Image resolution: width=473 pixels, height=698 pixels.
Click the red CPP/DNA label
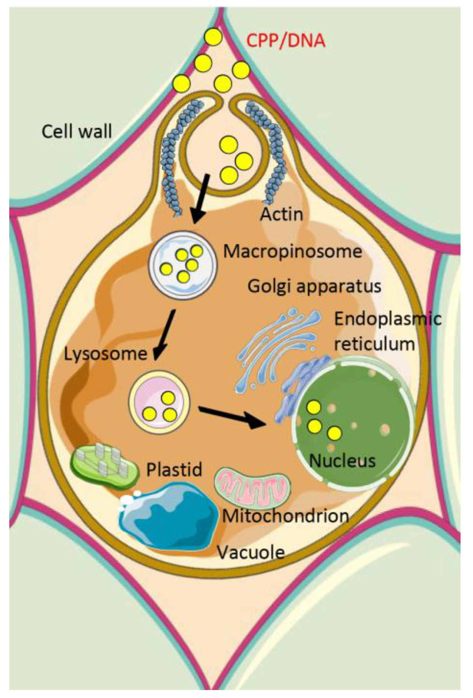click(286, 41)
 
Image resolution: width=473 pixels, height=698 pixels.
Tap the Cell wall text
click(77, 131)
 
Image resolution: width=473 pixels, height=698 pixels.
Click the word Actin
click(281, 214)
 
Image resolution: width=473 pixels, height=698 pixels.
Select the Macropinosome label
click(292, 251)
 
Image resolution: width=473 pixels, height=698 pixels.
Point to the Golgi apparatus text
click(314, 286)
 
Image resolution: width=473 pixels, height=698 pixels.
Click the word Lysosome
click(105, 354)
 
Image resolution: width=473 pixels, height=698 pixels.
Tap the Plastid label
click(174, 470)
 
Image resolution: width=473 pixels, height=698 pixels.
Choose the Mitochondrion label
click(285, 516)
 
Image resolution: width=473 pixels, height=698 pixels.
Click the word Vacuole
click(251, 552)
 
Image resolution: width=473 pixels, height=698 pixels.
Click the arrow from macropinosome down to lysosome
click(165, 334)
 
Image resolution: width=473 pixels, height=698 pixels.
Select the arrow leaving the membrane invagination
click(201, 198)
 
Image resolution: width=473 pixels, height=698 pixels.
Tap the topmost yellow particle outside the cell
click(213, 37)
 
